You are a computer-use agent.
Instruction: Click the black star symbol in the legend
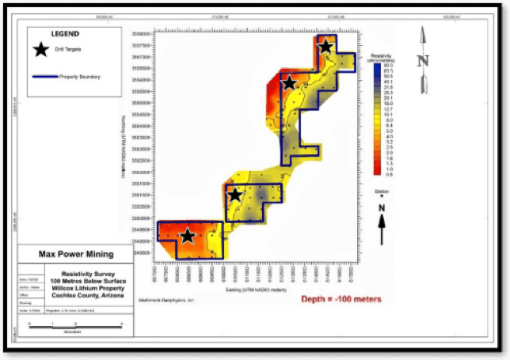[x=41, y=51]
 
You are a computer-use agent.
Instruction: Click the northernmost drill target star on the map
[x=325, y=46]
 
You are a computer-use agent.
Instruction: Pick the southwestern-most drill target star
[x=187, y=236]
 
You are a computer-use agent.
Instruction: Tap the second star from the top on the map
[x=289, y=81]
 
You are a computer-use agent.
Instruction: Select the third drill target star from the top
[x=234, y=195]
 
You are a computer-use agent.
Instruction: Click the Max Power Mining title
[x=76, y=255]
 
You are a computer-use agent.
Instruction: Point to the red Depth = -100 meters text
[x=341, y=299]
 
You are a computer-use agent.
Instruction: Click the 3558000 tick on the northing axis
[x=143, y=35]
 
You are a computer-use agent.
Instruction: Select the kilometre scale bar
[x=75, y=324]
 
